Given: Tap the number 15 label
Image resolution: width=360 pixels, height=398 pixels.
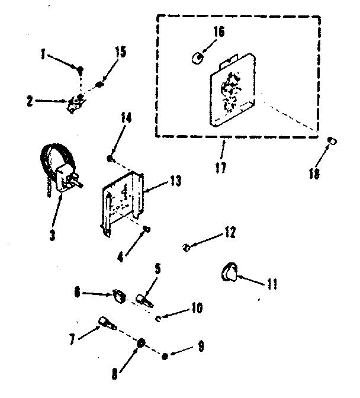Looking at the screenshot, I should [120, 53].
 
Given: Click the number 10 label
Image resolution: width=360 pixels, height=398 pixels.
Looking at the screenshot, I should [196, 307].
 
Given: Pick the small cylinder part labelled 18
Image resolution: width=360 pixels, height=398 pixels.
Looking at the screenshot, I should [333, 141].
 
